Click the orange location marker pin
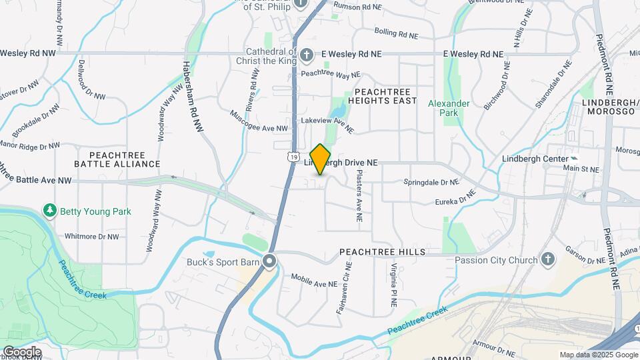tap(321, 159)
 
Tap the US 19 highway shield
tap(293, 156)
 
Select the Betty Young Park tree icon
tap(49, 211)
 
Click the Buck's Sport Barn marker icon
tap(269, 261)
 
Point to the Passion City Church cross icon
tap(548, 260)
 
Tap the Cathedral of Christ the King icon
tap(306, 55)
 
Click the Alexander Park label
tap(449, 108)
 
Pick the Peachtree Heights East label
tap(385, 95)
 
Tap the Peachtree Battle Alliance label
tap(117, 159)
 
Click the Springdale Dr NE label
tap(431, 181)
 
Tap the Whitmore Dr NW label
tap(91, 236)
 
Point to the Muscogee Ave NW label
tap(259, 121)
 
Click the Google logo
tap(21, 351)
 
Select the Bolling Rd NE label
tap(396, 33)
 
